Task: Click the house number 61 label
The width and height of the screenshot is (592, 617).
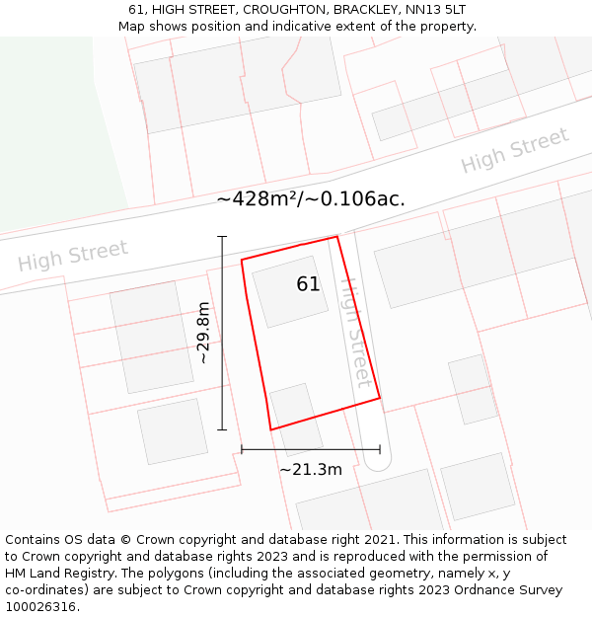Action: [308, 284]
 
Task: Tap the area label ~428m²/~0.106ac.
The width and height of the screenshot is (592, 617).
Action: [311, 198]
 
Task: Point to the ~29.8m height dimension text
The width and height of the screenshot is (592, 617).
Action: [203, 333]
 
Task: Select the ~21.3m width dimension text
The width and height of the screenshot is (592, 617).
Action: [310, 469]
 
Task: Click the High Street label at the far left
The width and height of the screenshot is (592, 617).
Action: [73, 256]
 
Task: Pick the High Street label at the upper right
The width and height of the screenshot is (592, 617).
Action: [515, 150]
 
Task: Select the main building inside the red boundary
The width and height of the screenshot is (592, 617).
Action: [290, 291]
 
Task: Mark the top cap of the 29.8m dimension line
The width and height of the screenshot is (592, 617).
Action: [222, 237]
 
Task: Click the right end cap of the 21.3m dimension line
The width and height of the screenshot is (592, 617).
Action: [380, 449]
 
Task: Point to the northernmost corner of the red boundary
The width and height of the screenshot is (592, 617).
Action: [337, 237]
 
